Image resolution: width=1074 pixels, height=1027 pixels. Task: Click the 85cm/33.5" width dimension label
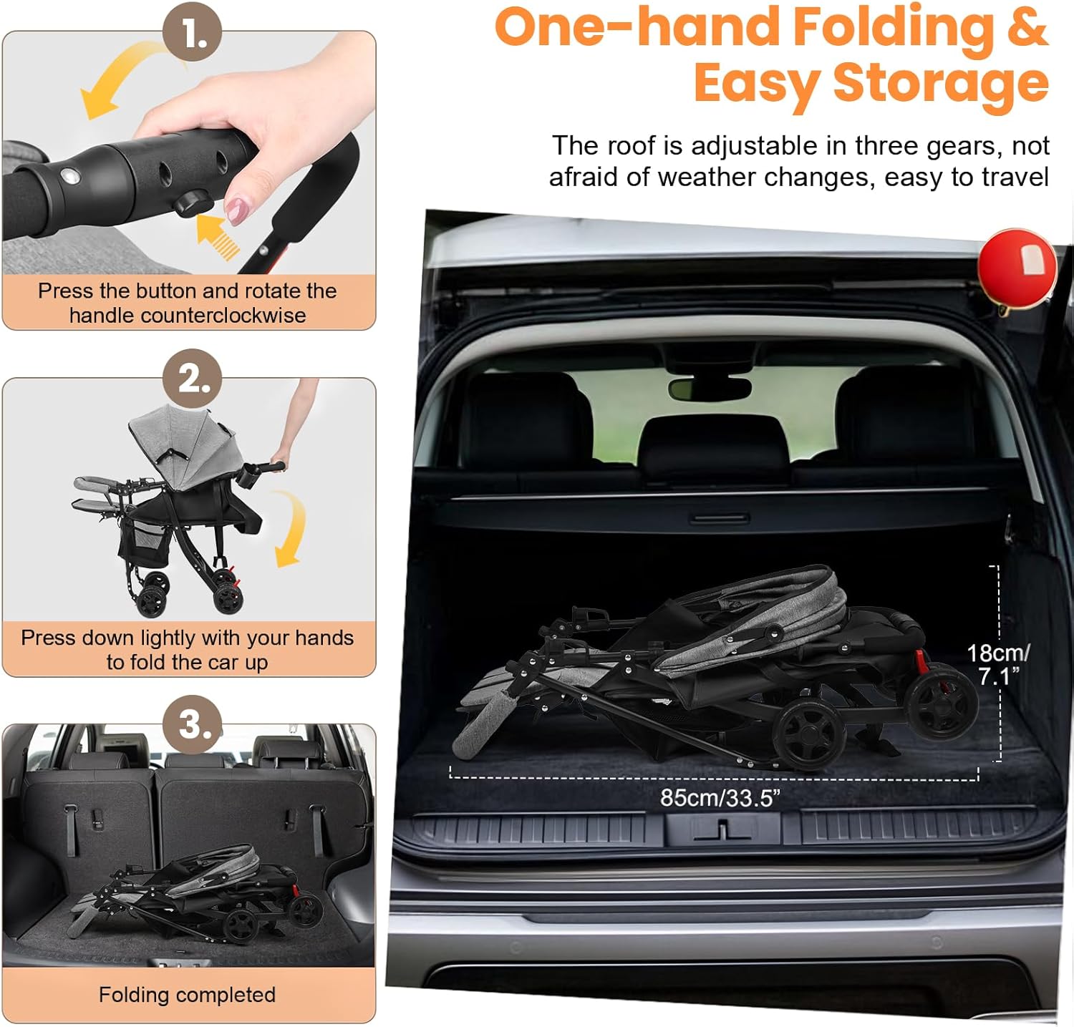point(720,797)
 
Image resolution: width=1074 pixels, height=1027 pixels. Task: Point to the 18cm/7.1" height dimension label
point(998,663)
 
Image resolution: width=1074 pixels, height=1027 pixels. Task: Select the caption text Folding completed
point(187,994)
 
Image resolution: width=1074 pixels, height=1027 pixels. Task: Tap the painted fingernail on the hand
point(236,210)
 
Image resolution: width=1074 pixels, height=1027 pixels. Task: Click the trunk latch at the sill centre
point(722,829)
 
